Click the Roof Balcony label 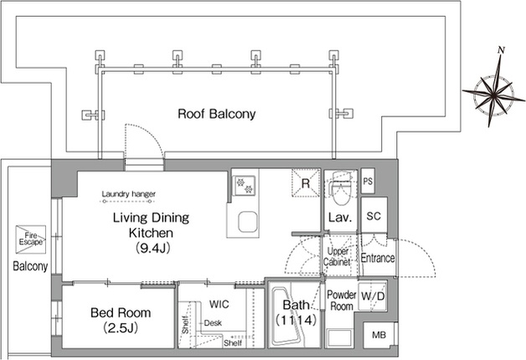216,114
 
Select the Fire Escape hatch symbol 30,239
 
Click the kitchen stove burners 245,186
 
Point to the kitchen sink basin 248,222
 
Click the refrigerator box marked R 305,183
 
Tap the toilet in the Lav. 340,188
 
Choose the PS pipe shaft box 368,181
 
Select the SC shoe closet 374,215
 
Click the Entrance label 378,258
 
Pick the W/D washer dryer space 373,296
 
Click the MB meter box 379,335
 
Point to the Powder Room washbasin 339,338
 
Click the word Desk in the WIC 213,323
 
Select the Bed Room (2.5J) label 121,320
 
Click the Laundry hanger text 128,193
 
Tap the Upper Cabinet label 338,256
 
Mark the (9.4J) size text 152,248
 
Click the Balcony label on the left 30,266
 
